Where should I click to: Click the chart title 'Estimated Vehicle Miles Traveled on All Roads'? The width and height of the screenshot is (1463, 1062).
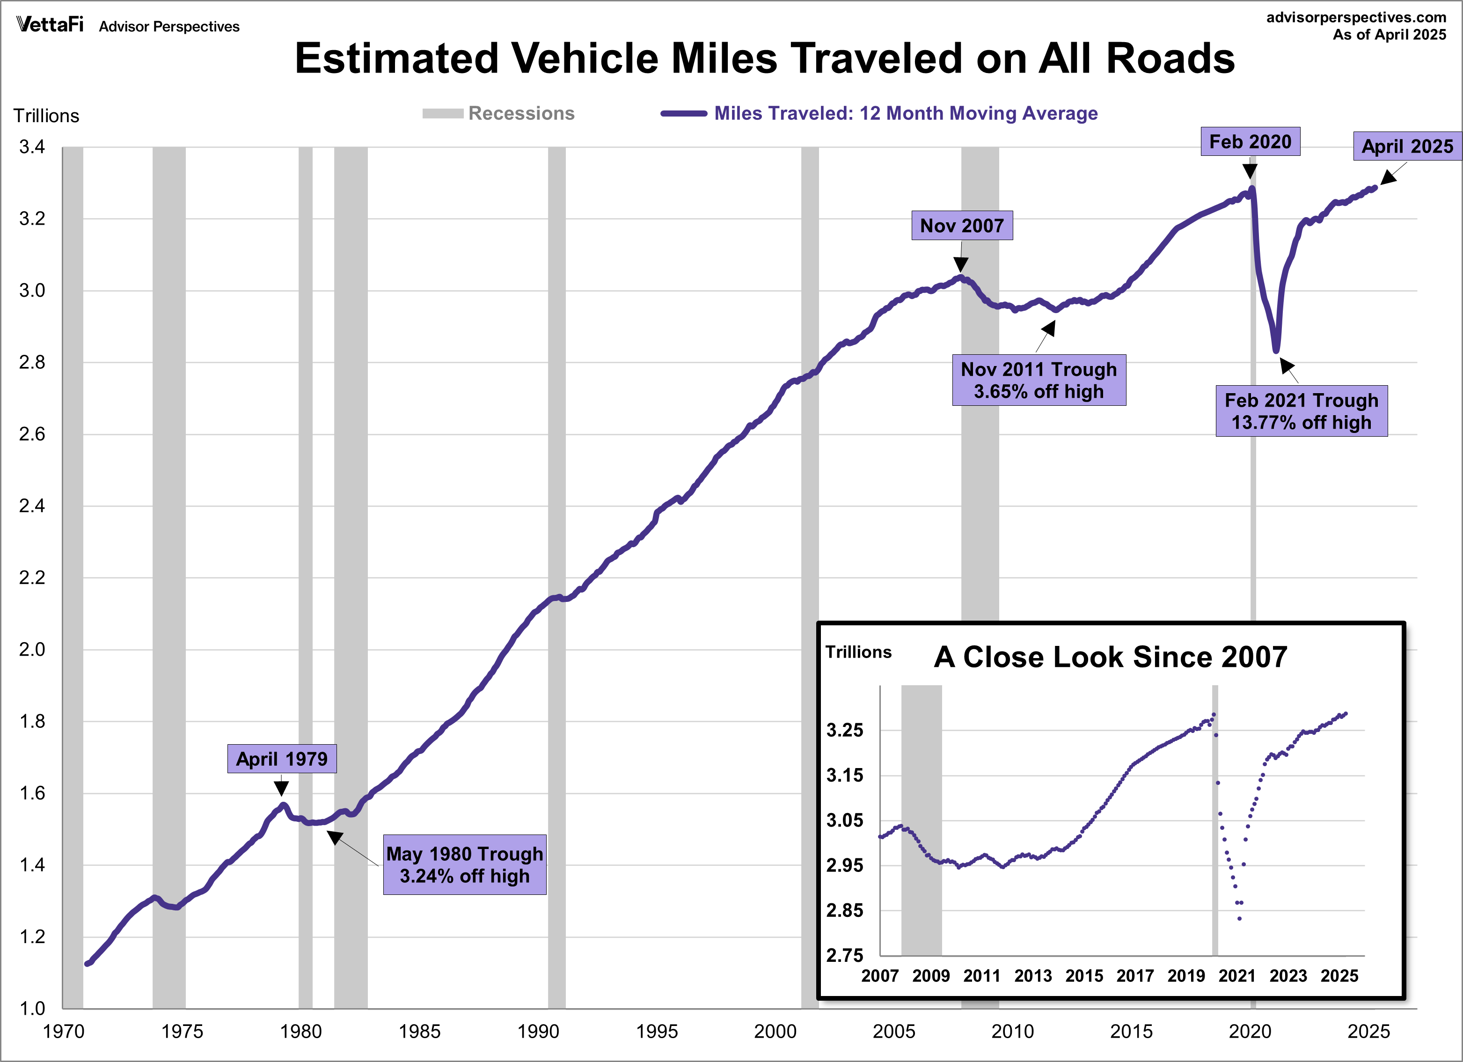coord(764,59)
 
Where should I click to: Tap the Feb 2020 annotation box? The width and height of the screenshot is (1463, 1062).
coord(1250,142)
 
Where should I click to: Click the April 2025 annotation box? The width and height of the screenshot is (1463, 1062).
coord(1407,146)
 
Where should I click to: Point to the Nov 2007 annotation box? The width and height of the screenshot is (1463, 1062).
coord(961,226)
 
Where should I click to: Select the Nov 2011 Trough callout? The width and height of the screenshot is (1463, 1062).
coord(1039,380)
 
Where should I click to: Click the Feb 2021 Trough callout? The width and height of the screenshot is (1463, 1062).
coord(1301,411)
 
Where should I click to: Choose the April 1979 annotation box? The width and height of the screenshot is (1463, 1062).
coord(282,759)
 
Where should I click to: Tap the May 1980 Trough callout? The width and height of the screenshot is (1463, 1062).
coord(464,864)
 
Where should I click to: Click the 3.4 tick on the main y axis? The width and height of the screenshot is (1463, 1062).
coord(32,147)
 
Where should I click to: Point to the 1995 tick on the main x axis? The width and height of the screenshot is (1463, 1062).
coord(657,1031)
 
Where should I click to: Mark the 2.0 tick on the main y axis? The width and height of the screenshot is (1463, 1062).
coord(32,650)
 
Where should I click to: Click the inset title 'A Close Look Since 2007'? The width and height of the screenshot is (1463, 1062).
coord(1110,657)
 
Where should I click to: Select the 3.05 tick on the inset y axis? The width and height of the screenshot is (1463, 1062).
coord(844,820)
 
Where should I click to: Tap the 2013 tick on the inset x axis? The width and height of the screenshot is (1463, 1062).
coord(1033,975)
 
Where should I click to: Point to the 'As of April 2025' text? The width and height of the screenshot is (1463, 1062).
coord(1390,35)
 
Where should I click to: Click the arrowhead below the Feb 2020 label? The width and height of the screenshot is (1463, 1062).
coord(1250,171)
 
